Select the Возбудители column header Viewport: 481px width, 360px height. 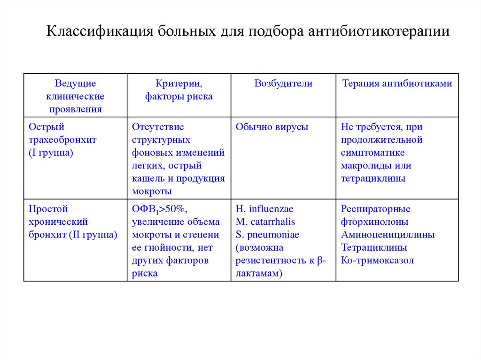[x=283, y=84]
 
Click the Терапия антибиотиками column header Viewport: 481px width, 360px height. [x=397, y=84]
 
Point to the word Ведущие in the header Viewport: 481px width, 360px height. [x=75, y=84]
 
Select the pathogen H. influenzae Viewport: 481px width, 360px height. [x=264, y=209]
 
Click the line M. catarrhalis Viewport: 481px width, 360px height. [x=265, y=222]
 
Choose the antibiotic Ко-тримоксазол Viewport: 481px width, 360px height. [x=378, y=260]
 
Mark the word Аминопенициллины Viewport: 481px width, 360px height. [x=388, y=235]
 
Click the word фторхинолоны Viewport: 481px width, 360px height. [x=375, y=222]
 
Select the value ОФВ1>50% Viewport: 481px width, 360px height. [x=153, y=209]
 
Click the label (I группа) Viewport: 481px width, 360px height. [x=51, y=153]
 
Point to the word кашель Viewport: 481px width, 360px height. [x=147, y=178]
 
